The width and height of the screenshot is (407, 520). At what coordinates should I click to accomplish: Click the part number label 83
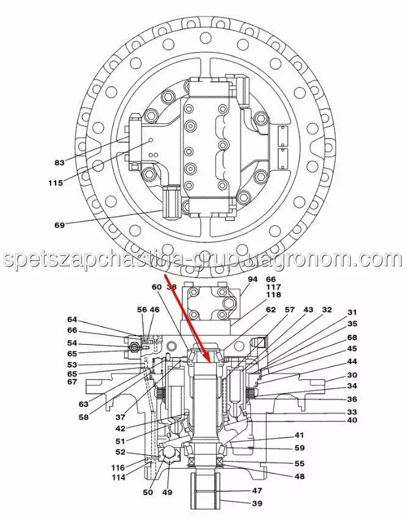59,163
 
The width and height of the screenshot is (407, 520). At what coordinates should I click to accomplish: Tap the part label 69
59,225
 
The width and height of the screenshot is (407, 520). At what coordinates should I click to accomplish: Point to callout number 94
253,279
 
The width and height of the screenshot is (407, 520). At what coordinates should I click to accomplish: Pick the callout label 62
271,310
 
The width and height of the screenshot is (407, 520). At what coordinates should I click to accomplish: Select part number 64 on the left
73,320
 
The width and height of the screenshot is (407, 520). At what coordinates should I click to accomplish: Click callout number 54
72,343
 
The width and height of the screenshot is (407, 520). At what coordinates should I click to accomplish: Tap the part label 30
353,375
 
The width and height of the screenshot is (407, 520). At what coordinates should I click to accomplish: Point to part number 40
353,420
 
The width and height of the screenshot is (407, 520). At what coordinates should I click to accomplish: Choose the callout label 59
299,448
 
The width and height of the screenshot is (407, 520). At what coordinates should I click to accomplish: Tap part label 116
118,467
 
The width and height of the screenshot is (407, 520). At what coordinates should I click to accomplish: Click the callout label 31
353,313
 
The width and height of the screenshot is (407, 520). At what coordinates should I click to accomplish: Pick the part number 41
299,436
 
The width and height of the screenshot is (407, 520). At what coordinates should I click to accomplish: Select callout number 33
353,412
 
